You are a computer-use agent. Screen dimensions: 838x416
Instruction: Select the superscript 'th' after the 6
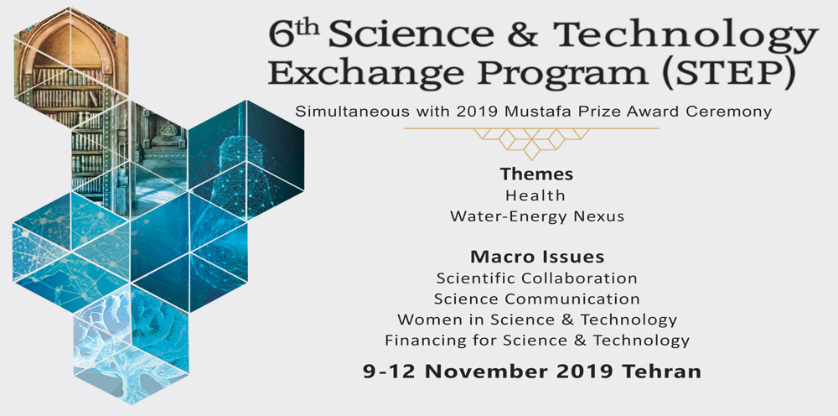click(x=308, y=28)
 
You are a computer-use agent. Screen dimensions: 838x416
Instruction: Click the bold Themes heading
click(x=536, y=174)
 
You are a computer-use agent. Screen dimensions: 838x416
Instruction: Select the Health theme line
click(x=535, y=195)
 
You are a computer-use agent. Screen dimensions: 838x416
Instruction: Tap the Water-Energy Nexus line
click(x=537, y=216)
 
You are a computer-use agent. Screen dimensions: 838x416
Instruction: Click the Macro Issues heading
click(x=537, y=257)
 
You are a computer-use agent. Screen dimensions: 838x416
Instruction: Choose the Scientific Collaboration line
click(x=537, y=278)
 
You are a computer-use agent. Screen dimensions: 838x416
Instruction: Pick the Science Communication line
click(x=537, y=299)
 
